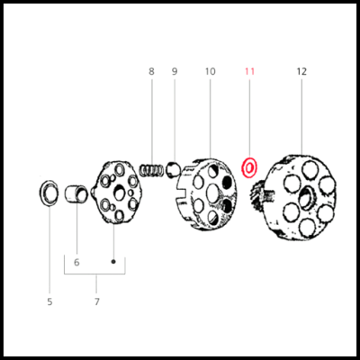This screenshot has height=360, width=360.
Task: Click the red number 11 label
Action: point(249,71)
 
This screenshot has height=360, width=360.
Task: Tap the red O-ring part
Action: point(250,167)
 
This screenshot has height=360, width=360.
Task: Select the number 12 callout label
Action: point(301,71)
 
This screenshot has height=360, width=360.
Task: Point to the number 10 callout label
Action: point(210,71)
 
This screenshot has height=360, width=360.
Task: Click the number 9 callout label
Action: point(175,71)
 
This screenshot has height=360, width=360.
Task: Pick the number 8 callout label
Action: point(151,71)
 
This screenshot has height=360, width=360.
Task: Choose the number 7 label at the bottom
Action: point(96,301)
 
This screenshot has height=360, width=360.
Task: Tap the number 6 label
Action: point(76,262)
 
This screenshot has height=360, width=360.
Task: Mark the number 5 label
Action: point(49,301)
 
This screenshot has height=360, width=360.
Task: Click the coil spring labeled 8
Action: point(155,167)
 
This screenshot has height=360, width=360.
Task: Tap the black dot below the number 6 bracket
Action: point(113,262)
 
